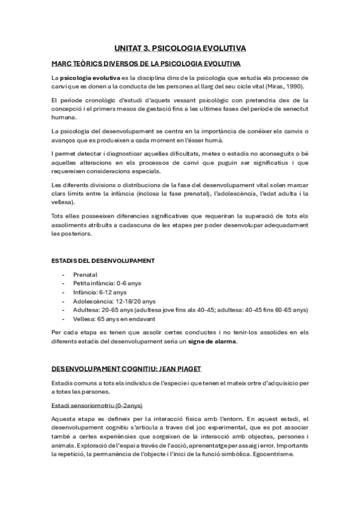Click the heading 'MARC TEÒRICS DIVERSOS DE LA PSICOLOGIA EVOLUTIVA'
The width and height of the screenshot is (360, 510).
(146, 63)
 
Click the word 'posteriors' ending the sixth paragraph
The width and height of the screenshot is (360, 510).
(76, 233)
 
